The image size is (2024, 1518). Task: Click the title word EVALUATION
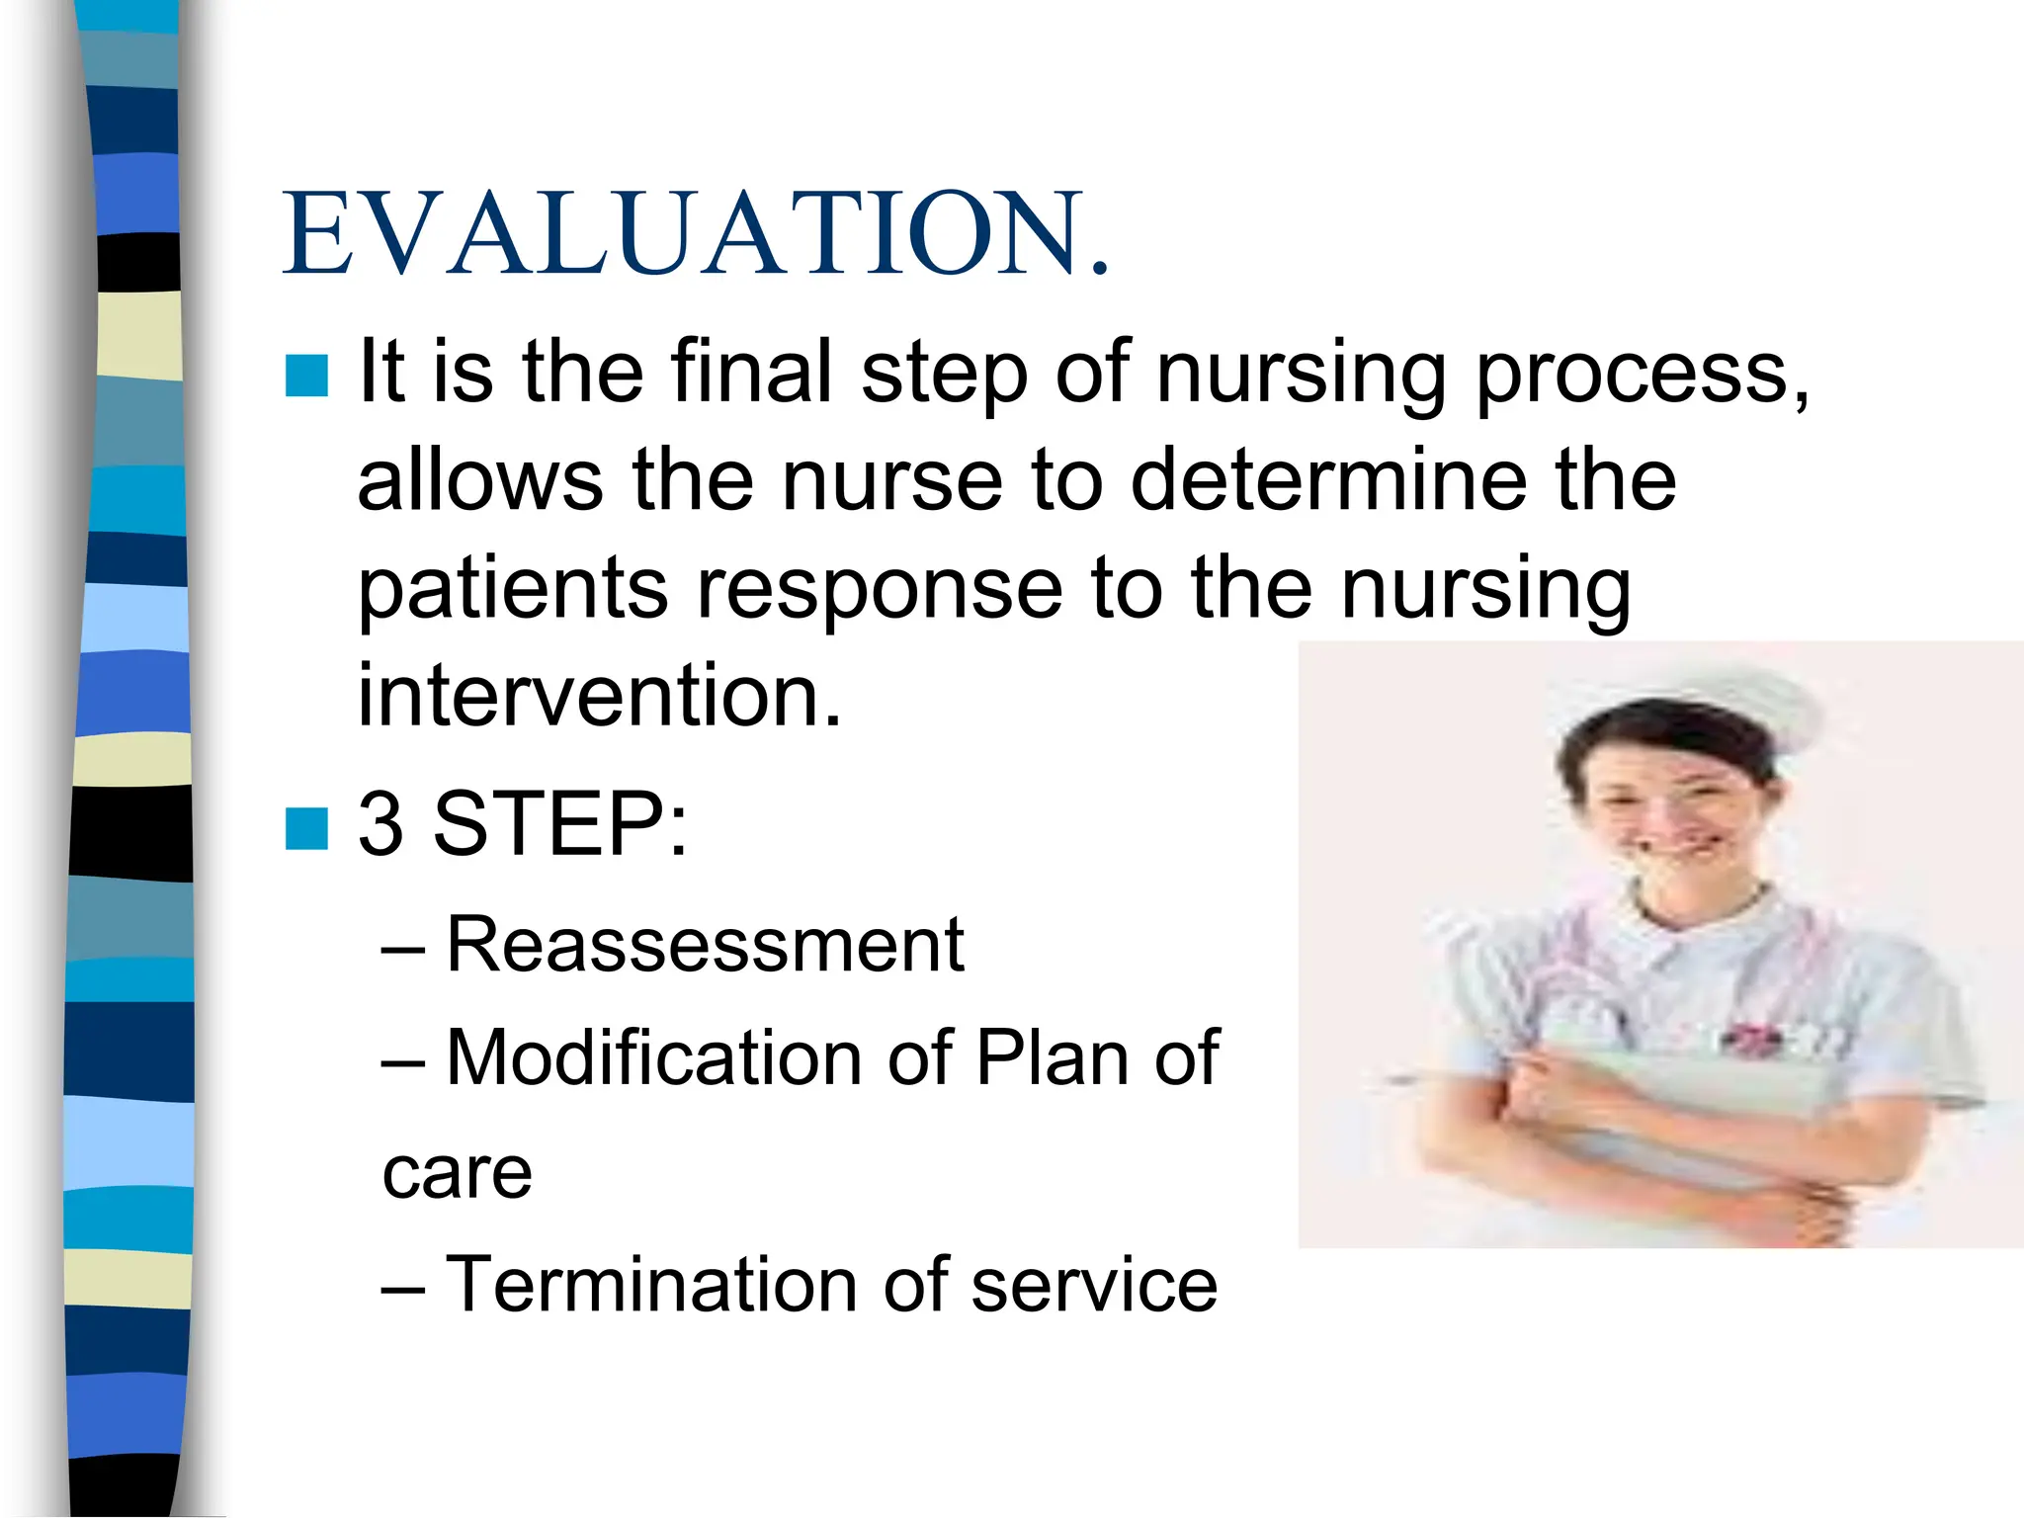coord(696,233)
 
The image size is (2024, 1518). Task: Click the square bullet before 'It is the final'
coord(306,376)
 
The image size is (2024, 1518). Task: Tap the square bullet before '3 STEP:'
coord(306,828)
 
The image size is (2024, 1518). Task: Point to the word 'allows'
coord(479,480)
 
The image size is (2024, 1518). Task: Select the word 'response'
coord(880,591)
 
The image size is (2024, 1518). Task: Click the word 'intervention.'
coord(599,696)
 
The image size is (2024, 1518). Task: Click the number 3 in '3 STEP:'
coord(381,824)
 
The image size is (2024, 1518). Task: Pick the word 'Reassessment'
coord(705,945)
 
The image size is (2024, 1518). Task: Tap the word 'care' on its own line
coord(457,1174)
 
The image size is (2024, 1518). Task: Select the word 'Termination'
coord(652,1285)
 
